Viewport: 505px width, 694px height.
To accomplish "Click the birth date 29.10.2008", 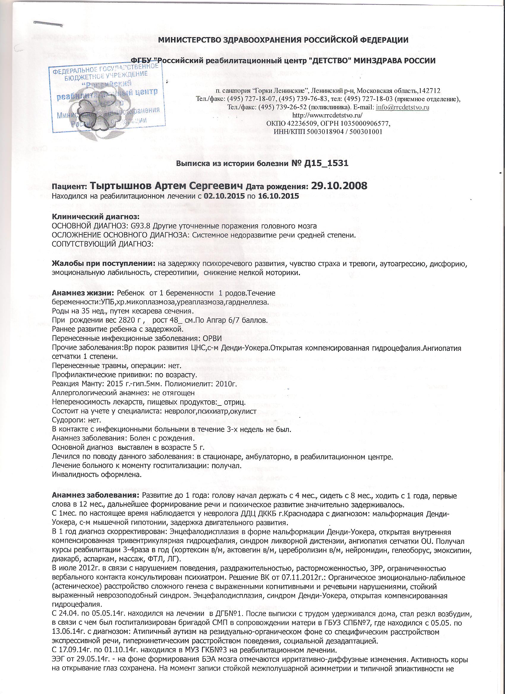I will pyautogui.click(x=339, y=186).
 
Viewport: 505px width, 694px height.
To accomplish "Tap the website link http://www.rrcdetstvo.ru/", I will pyautogui.click(x=328, y=115).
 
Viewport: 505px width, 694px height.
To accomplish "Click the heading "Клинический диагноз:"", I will pyautogui.click(x=96, y=217).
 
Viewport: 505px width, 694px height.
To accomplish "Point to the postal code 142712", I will pyautogui.click(x=430, y=91).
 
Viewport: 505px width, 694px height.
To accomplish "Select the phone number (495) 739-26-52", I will pyautogui.click(x=282, y=107).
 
